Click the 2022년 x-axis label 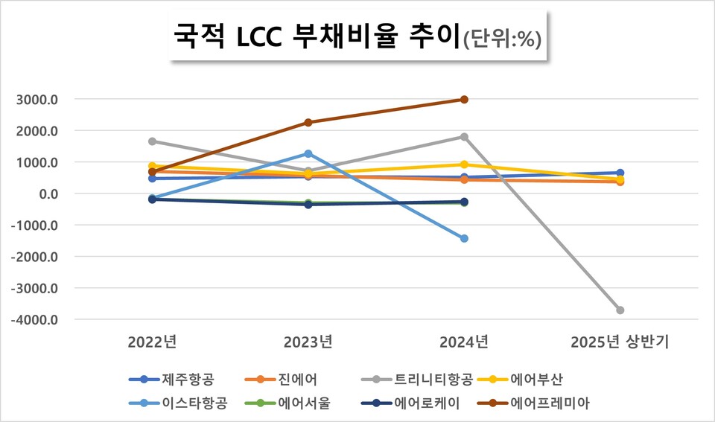click(x=152, y=342)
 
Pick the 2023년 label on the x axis click(x=308, y=342)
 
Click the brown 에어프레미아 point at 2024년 click(x=464, y=100)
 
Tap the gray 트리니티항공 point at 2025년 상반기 click(x=620, y=310)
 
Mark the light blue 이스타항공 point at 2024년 click(x=464, y=239)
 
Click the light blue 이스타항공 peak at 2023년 click(x=308, y=154)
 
